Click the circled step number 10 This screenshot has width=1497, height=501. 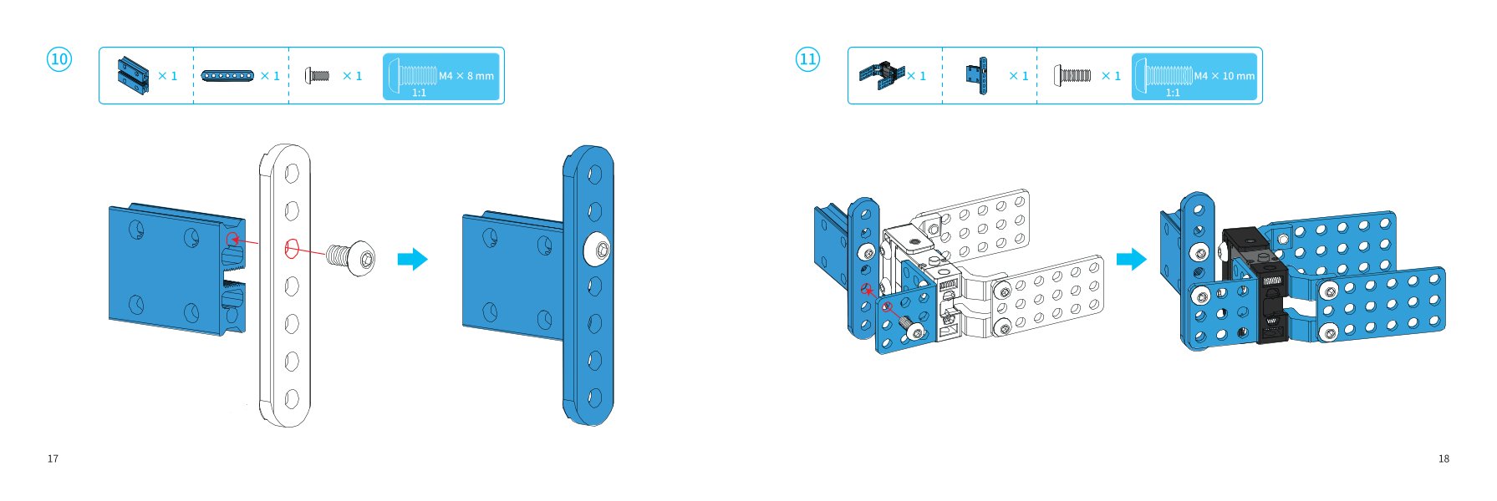click(59, 59)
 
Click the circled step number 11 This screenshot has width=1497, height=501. click(807, 59)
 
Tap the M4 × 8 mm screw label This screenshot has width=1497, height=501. click(466, 76)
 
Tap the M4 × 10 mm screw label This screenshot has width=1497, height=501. click(1225, 76)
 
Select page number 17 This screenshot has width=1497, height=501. click(53, 458)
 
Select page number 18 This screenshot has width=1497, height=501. click(1444, 458)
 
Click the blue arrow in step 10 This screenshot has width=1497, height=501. click(412, 259)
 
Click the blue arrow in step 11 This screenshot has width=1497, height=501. click(1132, 259)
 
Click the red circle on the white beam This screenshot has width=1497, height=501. click(292, 249)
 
